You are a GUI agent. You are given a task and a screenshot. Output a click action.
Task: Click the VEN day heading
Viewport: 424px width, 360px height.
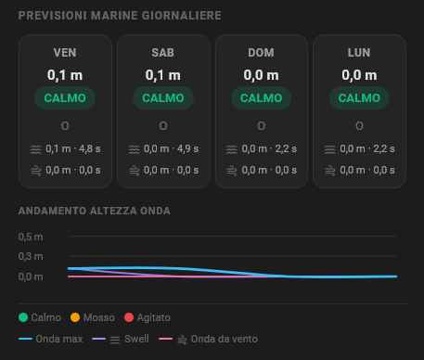click(65, 53)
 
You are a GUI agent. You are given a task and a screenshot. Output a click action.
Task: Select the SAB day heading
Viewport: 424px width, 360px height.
click(163, 53)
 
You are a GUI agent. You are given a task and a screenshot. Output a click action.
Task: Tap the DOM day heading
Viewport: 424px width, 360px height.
click(261, 53)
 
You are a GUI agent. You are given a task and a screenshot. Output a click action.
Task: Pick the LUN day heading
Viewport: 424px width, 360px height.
click(359, 53)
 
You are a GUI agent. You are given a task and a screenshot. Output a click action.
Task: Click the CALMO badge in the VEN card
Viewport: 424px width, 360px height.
click(65, 98)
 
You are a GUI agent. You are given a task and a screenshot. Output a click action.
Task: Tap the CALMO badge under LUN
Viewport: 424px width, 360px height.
click(359, 98)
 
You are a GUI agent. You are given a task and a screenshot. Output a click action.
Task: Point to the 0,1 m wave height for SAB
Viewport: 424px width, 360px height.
click(163, 75)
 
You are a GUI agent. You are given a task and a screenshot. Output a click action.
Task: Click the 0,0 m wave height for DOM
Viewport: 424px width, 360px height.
click(261, 75)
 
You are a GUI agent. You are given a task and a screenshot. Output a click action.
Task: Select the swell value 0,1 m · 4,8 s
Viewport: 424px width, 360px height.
click(73, 148)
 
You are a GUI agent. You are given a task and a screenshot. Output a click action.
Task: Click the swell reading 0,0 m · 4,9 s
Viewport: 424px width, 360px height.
click(171, 148)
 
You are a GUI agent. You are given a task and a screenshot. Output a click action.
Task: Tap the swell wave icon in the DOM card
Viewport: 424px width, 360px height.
click(232, 149)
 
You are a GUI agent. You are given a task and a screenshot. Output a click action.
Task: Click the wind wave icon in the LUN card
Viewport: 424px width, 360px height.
click(330, 171)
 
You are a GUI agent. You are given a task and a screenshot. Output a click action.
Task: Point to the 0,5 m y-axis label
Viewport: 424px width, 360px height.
click(31, 237)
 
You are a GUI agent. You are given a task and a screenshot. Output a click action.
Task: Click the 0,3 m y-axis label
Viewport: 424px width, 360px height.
click(31, 256)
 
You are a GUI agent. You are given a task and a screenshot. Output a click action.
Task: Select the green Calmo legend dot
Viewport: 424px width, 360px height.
click(23, 317)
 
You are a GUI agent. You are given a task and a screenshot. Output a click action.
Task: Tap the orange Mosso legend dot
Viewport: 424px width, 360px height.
click(75, 317)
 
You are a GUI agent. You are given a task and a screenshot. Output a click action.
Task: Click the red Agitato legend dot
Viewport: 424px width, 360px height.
click(129, 317)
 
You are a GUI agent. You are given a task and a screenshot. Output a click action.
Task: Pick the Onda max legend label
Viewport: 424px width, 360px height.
click(59, 339)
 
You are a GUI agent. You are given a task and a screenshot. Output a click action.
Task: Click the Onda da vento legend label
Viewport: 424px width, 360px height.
click(225, 339)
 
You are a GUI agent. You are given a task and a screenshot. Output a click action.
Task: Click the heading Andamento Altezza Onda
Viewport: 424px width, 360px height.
click(95, 211)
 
